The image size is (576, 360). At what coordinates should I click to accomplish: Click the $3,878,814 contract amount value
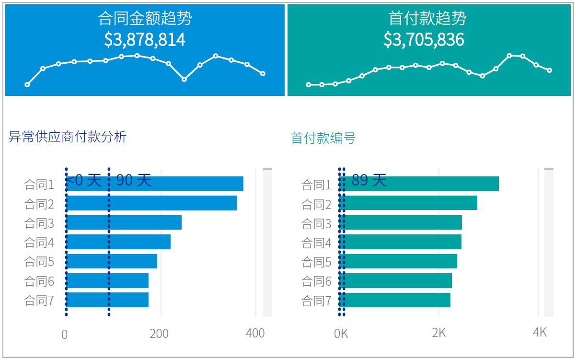point(145,39)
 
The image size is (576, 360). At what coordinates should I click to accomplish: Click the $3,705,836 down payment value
point(424,39)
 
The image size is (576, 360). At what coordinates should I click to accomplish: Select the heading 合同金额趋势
point(145,18)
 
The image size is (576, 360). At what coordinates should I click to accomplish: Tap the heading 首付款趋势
point(427,18)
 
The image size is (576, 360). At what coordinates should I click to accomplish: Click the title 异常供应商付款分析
point(68,137)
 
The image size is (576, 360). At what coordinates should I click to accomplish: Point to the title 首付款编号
point(323,139)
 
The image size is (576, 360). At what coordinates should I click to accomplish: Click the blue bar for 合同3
point(144,223)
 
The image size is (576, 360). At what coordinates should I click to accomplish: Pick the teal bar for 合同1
point(431,184)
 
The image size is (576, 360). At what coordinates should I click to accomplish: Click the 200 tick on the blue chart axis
point(159,334)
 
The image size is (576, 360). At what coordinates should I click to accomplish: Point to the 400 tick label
point(255,333)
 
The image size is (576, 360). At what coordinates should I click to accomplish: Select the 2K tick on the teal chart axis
point(438,333)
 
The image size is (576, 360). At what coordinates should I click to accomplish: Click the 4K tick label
point(540,333)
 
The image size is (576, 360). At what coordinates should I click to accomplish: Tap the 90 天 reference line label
point(134,180)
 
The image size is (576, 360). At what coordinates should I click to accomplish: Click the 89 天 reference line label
point(369,180)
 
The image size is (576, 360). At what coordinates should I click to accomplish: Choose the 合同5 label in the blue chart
point(39,262)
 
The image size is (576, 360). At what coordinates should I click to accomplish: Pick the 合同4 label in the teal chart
point(316,243)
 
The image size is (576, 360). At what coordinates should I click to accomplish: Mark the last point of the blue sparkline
point(263,73)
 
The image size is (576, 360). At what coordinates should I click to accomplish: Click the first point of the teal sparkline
point(308,85)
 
